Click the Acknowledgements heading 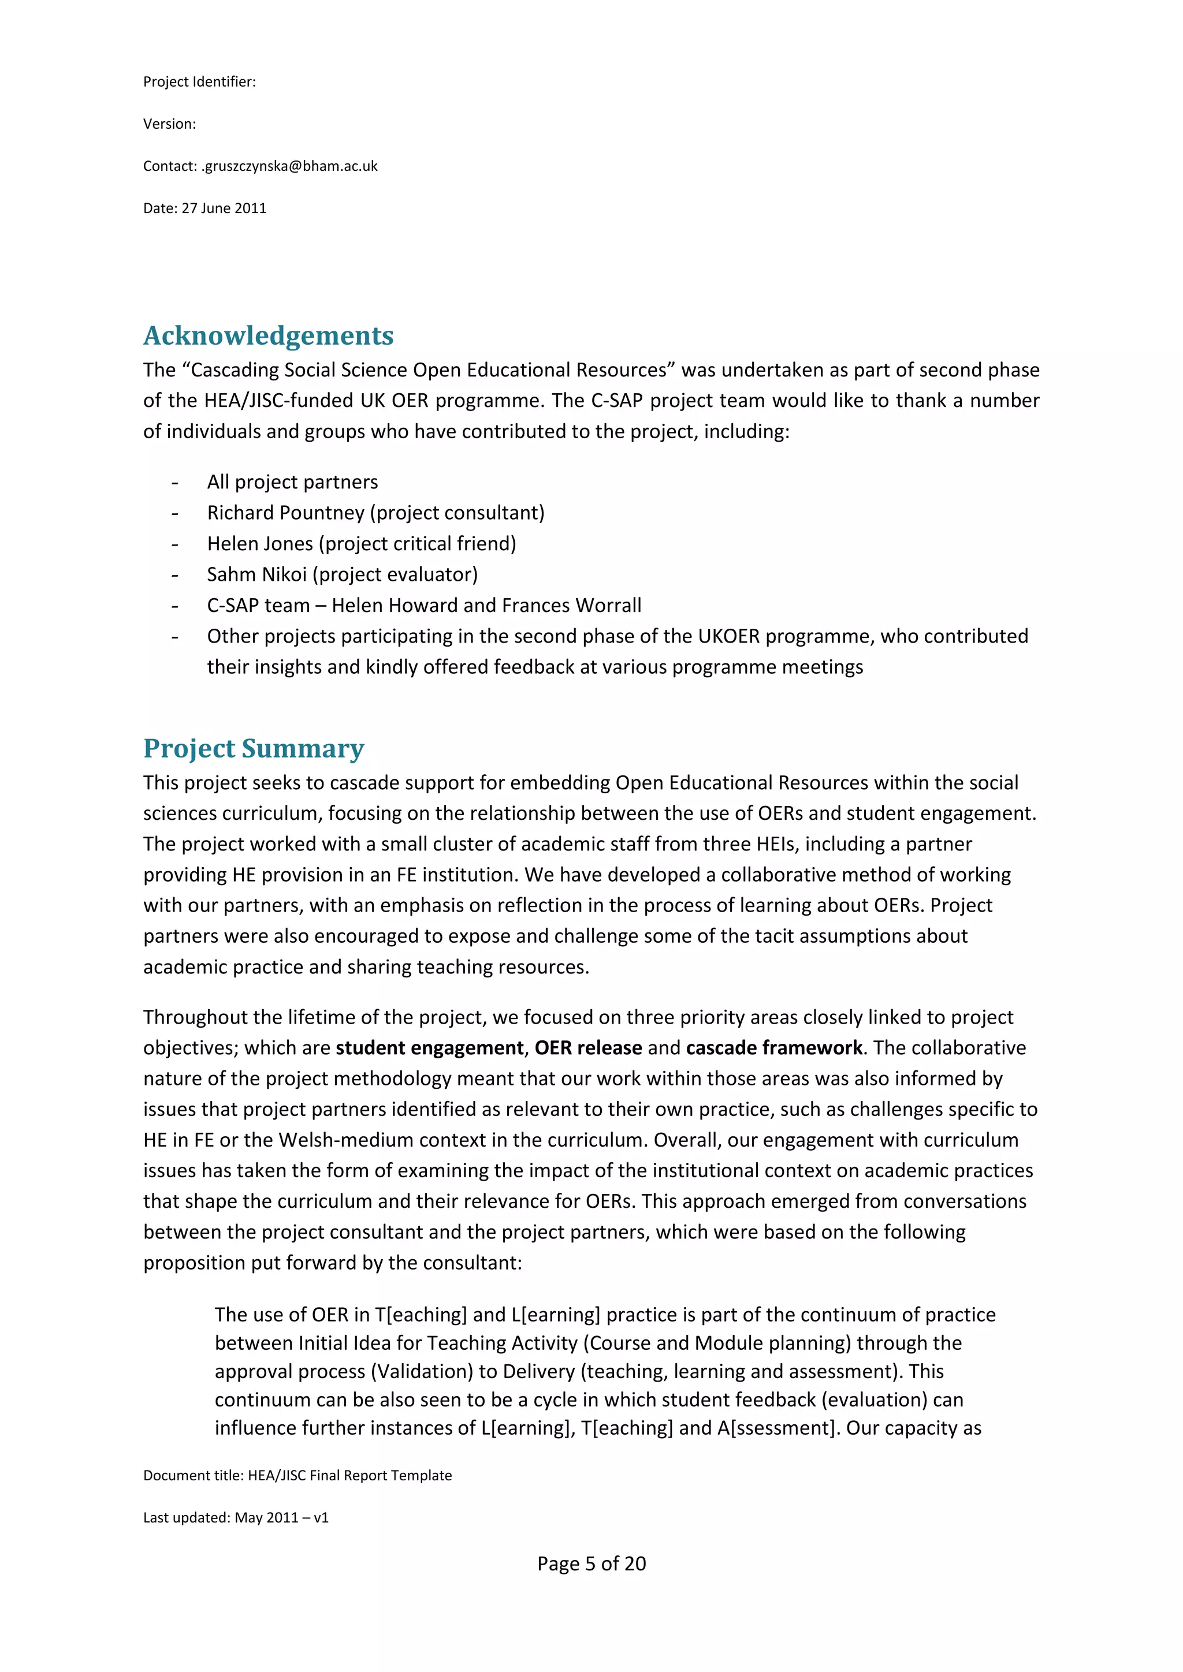[268, 335]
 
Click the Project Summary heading [254, 749]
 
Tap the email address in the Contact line [289, 166]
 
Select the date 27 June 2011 [224, 208]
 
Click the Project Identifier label [199, 81]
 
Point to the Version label [169, 124]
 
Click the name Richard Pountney [285, 513]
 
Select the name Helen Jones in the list [259, 544]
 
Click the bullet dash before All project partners [175, 483]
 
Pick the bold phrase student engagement [429, 1048]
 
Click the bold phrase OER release [588, 1048]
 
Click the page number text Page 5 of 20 [591, 1563]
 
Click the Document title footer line [297, 1475]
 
